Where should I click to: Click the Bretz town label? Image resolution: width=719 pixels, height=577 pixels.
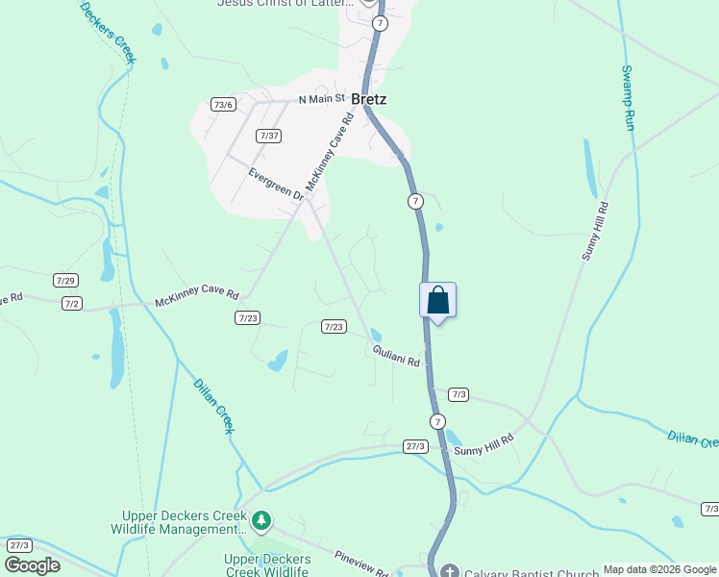pos(369,99)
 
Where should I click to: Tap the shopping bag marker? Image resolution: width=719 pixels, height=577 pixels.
pos(437,300)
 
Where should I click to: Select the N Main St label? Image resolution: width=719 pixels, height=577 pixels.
pos(321,99)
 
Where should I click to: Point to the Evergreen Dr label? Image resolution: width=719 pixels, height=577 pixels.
pos(276,185)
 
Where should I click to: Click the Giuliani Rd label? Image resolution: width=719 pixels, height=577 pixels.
pos(397,356)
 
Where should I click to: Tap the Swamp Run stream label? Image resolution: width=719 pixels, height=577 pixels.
pos(629,99)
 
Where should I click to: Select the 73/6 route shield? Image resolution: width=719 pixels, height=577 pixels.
pos(224,104)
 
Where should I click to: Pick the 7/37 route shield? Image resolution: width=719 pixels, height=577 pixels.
pos(269,136)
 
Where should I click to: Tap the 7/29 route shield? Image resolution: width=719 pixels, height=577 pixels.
pos(65,280)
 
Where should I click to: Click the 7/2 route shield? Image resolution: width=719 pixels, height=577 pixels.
pos(71,303)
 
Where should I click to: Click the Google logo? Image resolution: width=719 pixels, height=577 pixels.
pos(32,565)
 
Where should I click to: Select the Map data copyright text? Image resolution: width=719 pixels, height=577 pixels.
pos(659,568)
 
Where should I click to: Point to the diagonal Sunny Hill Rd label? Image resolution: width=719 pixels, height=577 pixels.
pos(596,231)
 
